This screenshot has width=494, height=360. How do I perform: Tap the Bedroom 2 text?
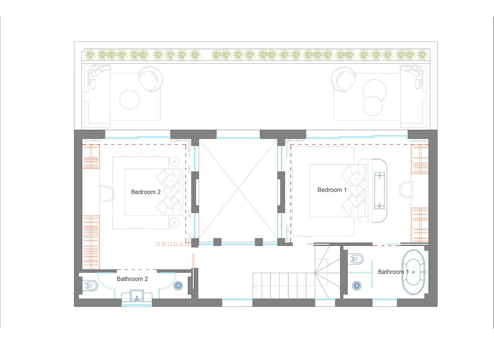coord(145,191)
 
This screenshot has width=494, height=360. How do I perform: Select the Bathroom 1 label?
coord(394,272)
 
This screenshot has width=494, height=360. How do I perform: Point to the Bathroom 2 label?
coord(132,279)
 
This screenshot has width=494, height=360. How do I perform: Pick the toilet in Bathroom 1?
coord(356,259)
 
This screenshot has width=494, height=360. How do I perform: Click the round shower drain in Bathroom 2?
coord(178,286)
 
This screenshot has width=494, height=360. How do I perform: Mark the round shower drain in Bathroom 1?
coord(356,286)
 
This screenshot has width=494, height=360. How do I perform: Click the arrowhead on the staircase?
coord(256,283)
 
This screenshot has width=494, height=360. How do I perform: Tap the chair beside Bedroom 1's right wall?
coord(406,190)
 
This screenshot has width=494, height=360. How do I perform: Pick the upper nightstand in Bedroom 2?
coord(175,161)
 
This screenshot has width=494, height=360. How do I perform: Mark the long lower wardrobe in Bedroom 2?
coord(91,242)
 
